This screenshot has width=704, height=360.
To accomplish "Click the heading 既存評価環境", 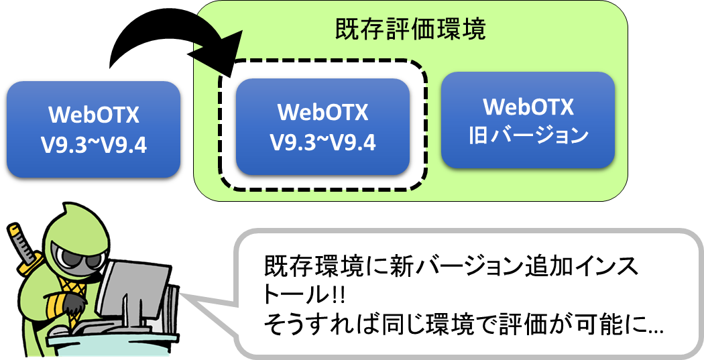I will [410, 29].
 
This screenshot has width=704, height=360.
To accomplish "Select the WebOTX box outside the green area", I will [93, 129].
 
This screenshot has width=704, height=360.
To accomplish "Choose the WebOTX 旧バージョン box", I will [528, 120].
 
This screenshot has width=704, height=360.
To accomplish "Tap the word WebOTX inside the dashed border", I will [322, 112].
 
